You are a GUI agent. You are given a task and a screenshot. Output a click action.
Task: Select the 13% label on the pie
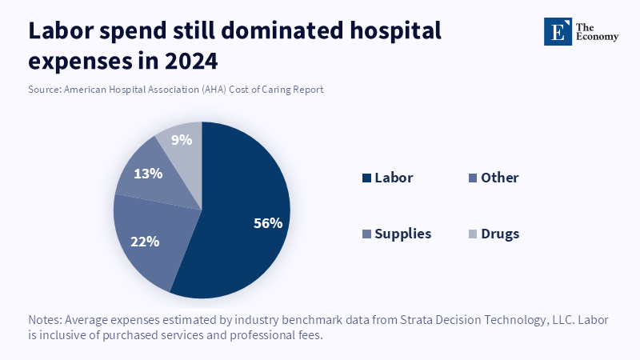click(149, 173)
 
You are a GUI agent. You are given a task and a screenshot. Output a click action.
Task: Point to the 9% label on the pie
click(181, 140)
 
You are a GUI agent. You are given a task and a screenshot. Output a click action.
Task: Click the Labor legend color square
click(366, 178)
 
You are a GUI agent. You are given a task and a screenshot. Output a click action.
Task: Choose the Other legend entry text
click(499, 178)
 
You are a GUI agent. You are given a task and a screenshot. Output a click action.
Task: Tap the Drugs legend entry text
click(500, 234)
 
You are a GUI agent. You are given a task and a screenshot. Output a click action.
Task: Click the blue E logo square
click(557, 31)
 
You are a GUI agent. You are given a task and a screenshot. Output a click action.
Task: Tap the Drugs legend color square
click(473, 234)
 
